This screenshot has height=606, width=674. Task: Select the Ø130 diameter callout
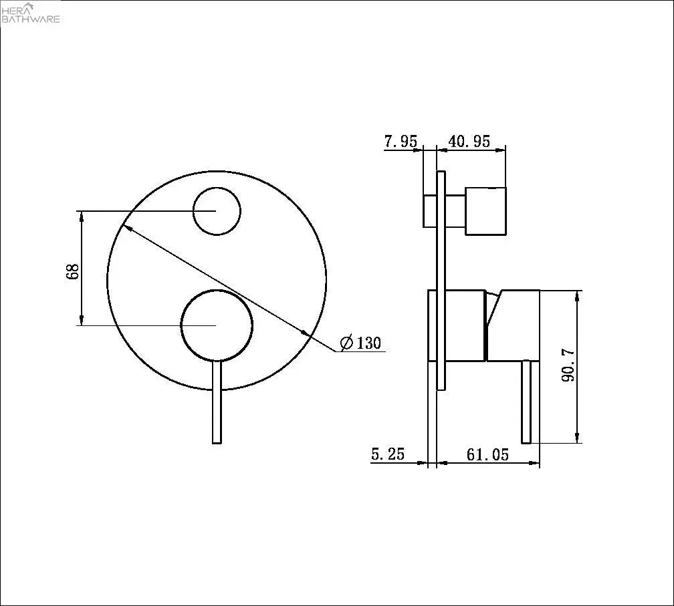click(x=361, y=343)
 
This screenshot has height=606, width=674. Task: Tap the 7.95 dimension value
click(x=401, y=142)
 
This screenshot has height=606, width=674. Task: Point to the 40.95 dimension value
click(x=469, y=142)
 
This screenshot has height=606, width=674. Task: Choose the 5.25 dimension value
click(x=388, y=454)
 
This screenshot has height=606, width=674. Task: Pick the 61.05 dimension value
click(x=487, y=454)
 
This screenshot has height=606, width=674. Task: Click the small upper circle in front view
click(x=216, y=211)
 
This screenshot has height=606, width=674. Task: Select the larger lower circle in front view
click(x=217, y=325)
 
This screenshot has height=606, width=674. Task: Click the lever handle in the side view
click(x=526, y=401)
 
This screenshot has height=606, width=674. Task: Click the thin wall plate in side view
click(x=441, y=281)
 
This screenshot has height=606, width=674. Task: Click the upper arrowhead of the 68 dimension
click(x=82, y=215)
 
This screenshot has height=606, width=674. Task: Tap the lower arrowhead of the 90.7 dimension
click(x=577, y=437)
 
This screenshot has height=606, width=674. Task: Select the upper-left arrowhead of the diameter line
click(x=124, y=228)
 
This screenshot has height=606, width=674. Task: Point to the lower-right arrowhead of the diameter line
click(x=306, y=333)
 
